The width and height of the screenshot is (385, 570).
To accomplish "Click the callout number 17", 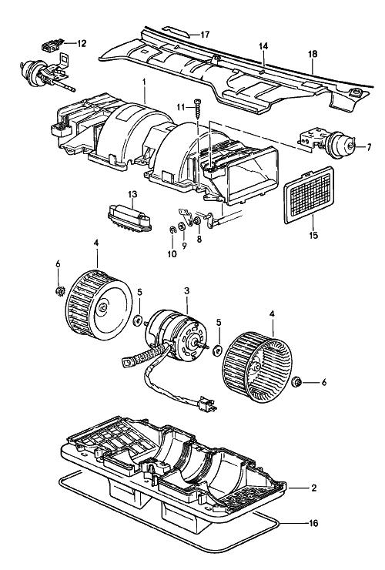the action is tap(205, 35).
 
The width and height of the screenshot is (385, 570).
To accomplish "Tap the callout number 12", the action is tap(82, 43).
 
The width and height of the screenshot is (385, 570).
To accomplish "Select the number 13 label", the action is tap(132, 194).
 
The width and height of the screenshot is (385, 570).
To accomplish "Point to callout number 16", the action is tap(313, 523).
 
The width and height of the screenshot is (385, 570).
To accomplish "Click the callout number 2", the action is tap(314, 488).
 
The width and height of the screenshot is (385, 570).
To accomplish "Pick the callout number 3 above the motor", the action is tap(187, 291).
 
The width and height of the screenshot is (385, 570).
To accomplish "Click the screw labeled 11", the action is tap(198, 108).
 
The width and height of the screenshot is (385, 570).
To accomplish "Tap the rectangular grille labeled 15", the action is tap(309, 195).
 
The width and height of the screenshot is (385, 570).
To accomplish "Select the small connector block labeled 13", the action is tap(129, 218).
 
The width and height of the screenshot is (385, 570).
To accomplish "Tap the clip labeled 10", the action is tap(172, 230).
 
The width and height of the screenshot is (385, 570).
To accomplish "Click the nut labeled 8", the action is tap(198, 220).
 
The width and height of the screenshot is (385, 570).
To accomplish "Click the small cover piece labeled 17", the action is tap(176, 32).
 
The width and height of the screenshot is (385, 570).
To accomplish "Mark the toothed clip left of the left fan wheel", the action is tap(59, 291).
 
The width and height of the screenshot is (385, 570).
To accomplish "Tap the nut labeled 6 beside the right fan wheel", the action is tap(297, 382).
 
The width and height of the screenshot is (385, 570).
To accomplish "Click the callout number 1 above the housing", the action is tap(144, 82).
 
